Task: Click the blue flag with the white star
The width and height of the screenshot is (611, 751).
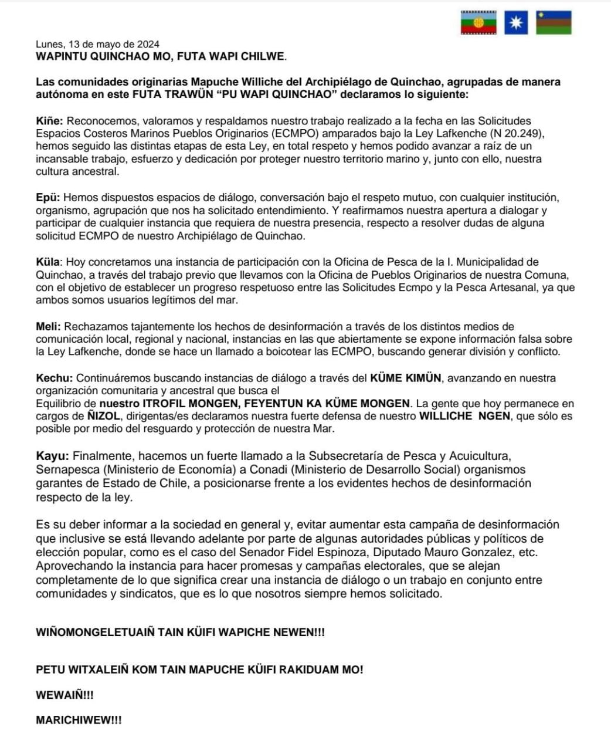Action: (x=516, y=23)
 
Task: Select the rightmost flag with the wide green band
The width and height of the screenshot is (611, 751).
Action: (x=554, y=23)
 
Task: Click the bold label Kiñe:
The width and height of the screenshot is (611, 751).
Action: (x=49, y=121)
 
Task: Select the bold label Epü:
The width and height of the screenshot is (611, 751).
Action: (x=48, y=198)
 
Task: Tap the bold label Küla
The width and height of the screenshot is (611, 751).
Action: (x=48, y=262)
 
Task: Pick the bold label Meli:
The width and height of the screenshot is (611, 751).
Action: (x=48, y=327)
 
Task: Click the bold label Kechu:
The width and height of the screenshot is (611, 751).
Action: (x=55, y=378)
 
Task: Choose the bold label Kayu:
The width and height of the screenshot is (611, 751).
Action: (x=52, y=456)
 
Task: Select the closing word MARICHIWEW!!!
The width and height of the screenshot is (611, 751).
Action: (x=79, y=720)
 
